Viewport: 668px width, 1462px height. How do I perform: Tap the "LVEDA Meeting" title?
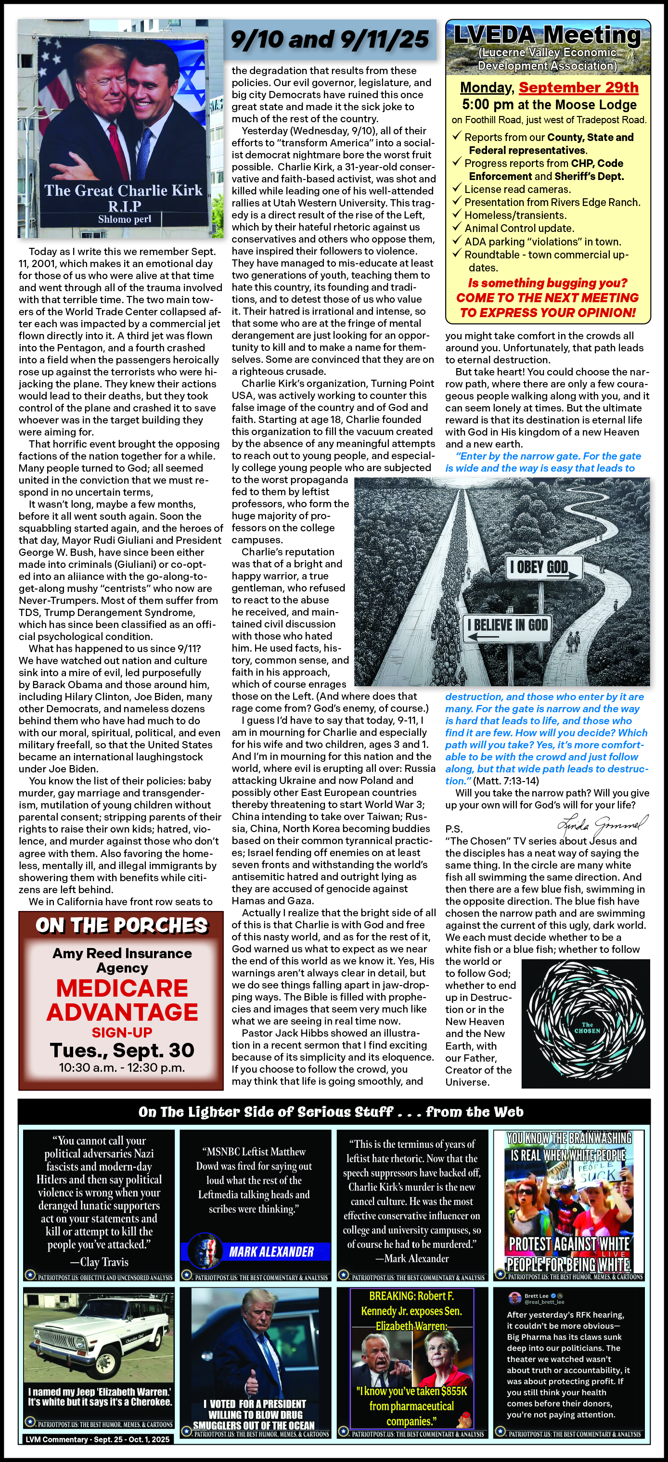[x=547, y=35]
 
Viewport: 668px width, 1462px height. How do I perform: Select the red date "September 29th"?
[x=578, y=88]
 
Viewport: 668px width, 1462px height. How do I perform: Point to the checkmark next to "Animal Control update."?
[x=456, y=227]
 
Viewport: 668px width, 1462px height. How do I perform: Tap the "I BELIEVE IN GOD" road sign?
[x=507, y=626]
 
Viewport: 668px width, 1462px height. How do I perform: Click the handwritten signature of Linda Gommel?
[x=602, y=823]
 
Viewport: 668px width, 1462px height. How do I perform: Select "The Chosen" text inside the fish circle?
[x=586, y=1028]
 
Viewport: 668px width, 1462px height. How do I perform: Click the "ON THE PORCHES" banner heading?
[x=121, y=926]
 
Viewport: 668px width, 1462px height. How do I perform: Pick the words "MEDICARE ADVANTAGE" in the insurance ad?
[x=122, y=1000]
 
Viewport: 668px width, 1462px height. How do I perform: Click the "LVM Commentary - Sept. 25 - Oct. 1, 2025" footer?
[x=97, y=1439]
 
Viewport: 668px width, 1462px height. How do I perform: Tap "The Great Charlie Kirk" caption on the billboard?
[x=123, y=191]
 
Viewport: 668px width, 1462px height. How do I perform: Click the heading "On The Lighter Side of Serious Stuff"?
[x=331, y=1112]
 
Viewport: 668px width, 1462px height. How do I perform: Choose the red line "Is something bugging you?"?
[x=547, y=282]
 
